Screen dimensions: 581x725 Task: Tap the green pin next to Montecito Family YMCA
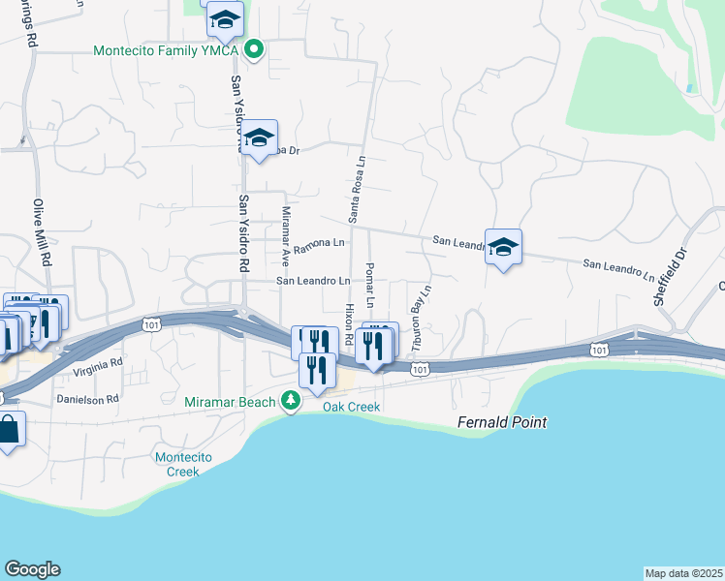click(254, 48)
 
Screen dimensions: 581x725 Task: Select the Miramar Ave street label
click(286, 236)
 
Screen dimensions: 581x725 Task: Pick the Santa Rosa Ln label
click(356, 189)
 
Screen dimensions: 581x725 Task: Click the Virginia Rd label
click(97, 366)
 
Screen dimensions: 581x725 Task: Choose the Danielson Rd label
click(87, 398)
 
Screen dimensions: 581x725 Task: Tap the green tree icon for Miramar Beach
click(290, 400)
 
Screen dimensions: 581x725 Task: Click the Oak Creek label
click(351, 407)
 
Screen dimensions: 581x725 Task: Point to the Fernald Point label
click(503, 423)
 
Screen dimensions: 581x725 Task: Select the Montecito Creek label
click(176, 464)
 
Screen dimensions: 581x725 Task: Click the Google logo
click(32, 569)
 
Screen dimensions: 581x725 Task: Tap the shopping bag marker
click(9, 431)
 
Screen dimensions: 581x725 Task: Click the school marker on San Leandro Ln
click(503, 248)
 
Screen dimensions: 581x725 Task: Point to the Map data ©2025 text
click(683, 573)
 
